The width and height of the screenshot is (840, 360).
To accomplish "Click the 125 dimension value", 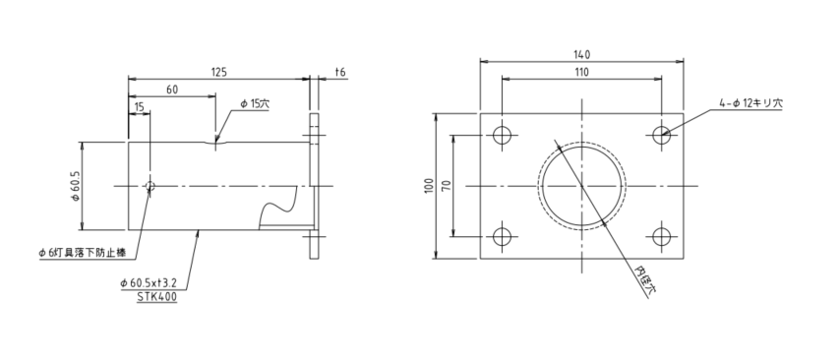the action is point(219,71).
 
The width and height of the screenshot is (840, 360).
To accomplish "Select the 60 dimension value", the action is point(172,90).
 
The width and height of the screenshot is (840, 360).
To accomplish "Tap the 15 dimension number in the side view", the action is point(140,106).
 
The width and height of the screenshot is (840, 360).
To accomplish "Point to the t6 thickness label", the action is point(340,72).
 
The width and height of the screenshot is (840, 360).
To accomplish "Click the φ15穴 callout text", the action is point(255,104).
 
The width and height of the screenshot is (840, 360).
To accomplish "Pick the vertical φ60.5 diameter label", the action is point(76,186).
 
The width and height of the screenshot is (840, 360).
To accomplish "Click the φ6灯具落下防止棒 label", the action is point(82,254).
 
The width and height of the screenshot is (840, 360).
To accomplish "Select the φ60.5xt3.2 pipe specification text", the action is point(149,283).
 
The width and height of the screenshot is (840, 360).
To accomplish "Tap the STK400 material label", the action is point(155,296).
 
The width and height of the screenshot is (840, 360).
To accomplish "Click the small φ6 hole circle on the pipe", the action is point(150,186).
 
